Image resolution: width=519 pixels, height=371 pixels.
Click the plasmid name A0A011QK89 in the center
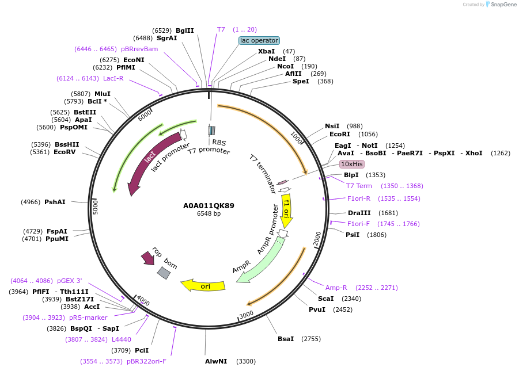tap(209, 205)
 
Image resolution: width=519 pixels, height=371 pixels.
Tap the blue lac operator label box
tap(259, 41)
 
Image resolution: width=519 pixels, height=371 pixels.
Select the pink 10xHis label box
tap(351, 164)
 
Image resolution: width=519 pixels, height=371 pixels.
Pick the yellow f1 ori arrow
tap(286, 211)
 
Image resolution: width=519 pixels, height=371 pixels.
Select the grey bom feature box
tap(164, 273)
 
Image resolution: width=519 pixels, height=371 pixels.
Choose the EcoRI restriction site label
tap(340, 134)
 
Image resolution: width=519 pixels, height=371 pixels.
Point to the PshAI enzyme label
tap(55, 202)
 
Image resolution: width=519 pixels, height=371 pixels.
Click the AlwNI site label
tap(216, 361)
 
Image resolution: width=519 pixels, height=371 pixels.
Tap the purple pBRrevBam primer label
tap(139, 49)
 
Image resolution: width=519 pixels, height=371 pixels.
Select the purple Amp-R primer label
tap(336, 288)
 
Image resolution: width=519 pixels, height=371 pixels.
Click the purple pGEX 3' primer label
tap(69, 281)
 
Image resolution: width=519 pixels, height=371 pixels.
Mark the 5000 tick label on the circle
tap(96, 207)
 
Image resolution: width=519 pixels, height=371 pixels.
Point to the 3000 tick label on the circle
tap(246, 314)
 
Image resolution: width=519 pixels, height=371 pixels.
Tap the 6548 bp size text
tap(209, 214)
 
